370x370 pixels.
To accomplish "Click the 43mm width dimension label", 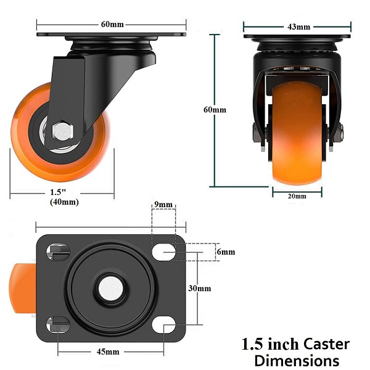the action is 298,27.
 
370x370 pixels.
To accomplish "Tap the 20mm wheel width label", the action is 297,196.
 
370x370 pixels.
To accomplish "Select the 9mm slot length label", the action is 163,204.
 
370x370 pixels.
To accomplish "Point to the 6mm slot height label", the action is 226,252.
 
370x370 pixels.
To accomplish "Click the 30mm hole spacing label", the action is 200,289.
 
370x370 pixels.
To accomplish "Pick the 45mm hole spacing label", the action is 108,352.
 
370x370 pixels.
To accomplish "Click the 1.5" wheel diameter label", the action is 57,192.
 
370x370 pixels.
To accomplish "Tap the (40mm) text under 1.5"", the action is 64,202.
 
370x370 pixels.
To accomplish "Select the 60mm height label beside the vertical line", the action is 215,110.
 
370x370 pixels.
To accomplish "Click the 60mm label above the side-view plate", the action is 112,24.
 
